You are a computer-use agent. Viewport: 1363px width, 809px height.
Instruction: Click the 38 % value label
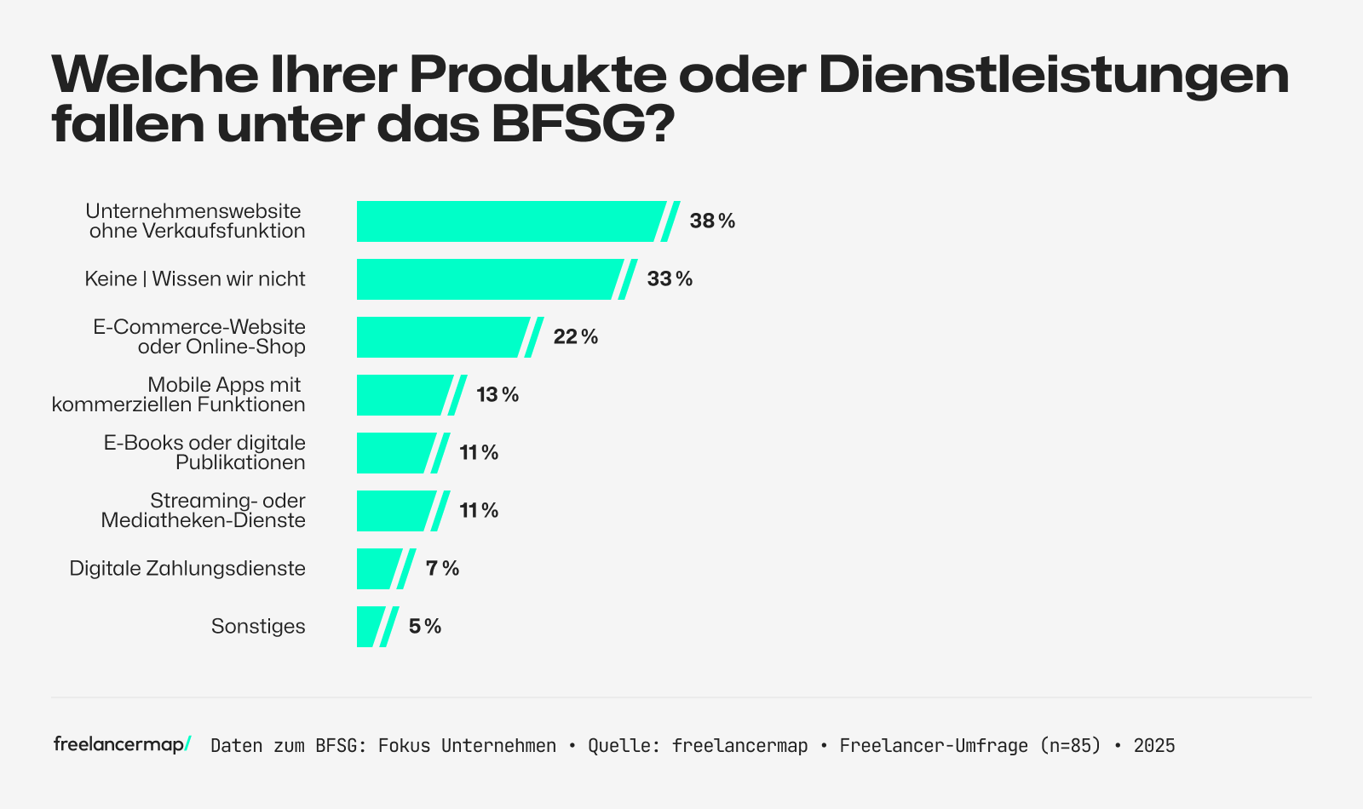tap(712, 221)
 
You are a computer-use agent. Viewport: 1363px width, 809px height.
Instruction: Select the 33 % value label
tap(670, 279)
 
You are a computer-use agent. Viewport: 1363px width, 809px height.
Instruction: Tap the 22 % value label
tap(576, 337)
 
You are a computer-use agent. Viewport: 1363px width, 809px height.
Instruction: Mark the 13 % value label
tap(497, 395)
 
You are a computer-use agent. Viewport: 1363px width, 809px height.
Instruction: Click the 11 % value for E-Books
tap(479, 453)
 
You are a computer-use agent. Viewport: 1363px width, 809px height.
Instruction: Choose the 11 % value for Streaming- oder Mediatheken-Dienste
tap(479, 511)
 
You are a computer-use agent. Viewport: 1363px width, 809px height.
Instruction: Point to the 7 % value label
tap(442, 569)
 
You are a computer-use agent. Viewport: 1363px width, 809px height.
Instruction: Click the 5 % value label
tap(425, 627)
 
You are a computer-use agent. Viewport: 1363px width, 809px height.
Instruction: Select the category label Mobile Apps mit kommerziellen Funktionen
tap(179, 395)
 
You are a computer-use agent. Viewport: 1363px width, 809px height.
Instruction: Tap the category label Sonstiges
tap(258, 627)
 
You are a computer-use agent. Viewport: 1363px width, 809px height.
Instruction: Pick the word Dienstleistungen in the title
tap(1054, 75)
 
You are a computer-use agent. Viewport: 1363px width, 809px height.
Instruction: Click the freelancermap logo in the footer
tap(122, 745)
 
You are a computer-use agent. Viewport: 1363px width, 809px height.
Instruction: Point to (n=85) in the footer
tap(1070, 746)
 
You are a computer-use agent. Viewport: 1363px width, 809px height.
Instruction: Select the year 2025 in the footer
tap(1154, 746)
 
